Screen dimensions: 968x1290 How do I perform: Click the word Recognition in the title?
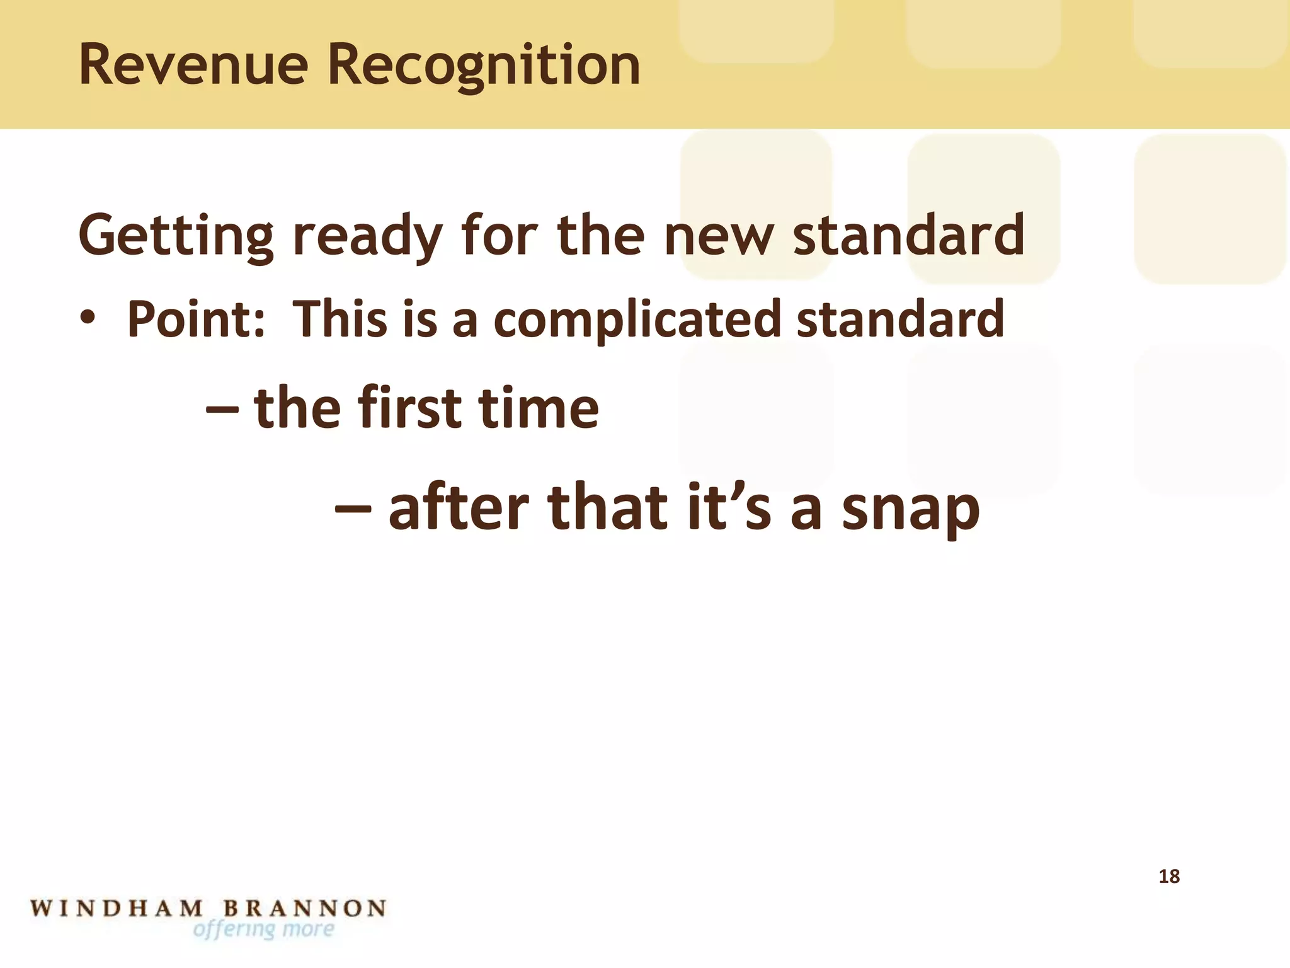[x=484, y=66]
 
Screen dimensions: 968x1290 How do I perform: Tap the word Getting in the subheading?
[x=176, y=236]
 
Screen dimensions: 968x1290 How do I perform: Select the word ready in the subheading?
[x=368, y=236]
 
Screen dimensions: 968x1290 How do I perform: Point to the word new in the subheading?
[x=718, y=236]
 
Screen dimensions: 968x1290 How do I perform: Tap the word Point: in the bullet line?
[x=196, y=319]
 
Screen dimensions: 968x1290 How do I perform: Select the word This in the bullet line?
[x=340, y=318]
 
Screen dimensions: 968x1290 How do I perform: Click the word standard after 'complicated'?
[x=900, y=318]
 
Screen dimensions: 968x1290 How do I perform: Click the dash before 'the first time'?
[x=222, y=409]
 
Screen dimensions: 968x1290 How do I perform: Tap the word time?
[x=539, y=408]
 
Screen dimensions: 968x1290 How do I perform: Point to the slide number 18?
[x=1169, y=876]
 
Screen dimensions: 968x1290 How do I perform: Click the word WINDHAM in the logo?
[x=117, y=908]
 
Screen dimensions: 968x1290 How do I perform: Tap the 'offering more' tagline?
[x=263, y=930]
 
